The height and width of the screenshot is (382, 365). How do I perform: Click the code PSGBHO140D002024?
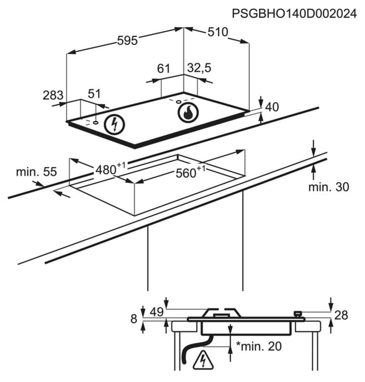(294, 14)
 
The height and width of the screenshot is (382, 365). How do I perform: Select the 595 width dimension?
(127, 40)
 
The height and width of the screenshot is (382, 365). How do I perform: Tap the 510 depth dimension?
(218, 32)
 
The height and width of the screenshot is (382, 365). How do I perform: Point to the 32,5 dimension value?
(199, 67)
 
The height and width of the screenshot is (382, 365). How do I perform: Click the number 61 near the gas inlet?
(163, 69)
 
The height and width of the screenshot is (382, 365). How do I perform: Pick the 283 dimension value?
(53, 95)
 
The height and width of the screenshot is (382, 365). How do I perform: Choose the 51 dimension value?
(94, 94)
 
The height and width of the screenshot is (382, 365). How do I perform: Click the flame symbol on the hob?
(188, 113)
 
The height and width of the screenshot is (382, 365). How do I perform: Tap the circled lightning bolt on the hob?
(114, 125)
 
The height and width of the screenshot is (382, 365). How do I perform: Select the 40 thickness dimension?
(272, 107)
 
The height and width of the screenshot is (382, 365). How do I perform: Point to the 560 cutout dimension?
(190, 172)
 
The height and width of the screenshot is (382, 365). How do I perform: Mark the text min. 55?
(36, 172)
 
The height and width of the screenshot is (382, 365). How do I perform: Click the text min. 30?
(329, 187)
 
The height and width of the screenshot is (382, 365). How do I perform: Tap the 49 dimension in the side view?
(157, 312)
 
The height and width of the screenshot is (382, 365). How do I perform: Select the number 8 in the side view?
(134, 319)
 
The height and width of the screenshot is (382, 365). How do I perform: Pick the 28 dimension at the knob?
(341, 315)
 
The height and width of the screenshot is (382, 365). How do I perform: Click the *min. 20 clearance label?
(259, 346)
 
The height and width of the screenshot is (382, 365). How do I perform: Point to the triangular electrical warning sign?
(203, 360)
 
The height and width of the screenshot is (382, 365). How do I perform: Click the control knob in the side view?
(298, 314)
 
